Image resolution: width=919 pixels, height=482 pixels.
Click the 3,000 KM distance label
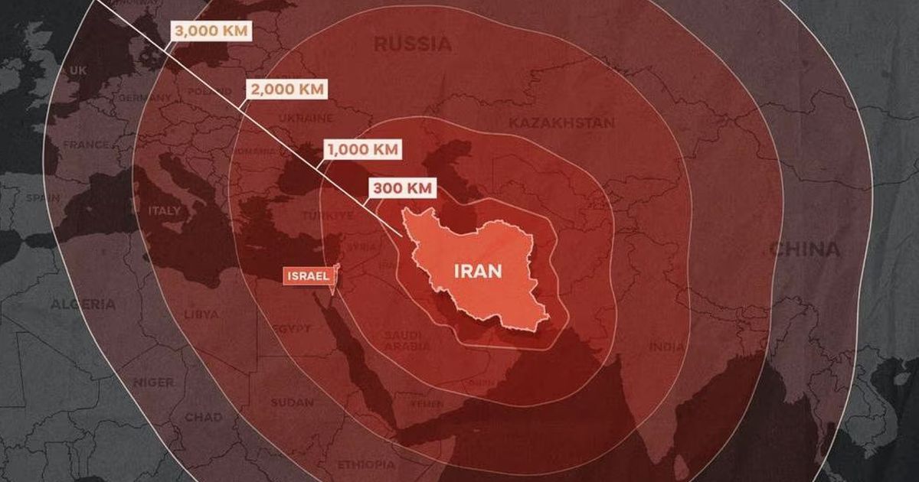(211, 31)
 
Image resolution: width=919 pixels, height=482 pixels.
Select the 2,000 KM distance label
(287, 90)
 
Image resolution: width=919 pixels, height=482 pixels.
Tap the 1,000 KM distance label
(362, 149)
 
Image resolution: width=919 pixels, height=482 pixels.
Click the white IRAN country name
(478, 271)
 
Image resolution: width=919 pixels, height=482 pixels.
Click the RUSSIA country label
(413, 44)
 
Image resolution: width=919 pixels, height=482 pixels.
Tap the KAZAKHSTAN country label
(561, 122)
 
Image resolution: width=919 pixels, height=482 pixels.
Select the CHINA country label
(804, 249)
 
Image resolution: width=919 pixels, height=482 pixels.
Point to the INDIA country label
(667, 347)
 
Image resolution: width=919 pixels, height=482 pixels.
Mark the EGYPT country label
(290, 328)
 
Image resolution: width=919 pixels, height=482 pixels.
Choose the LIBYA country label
(201, 314)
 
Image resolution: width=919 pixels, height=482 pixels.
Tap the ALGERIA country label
(83, 305)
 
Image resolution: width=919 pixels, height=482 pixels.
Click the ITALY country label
(165, 210)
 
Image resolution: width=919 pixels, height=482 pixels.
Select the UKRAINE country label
(305, 119)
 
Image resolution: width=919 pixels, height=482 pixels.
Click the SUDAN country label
(292, 402)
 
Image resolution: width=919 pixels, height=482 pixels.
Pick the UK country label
(78, 70)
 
